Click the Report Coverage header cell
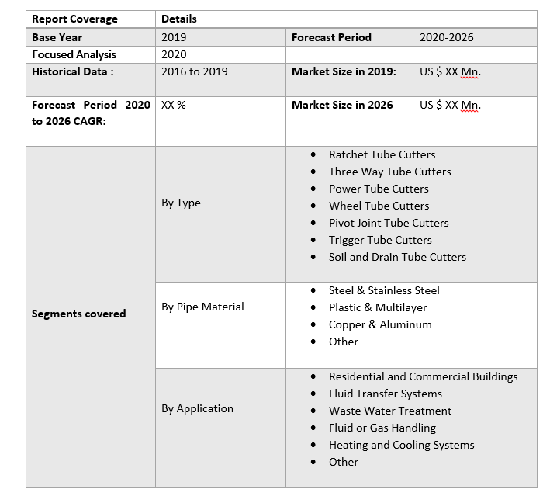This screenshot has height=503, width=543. (x=74, y=19)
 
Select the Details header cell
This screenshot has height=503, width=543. (x=179, y=19)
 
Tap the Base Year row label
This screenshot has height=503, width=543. (x=57, y=37)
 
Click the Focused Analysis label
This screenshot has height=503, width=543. (x=74, y=54)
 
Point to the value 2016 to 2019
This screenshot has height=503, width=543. (x=194, y=71)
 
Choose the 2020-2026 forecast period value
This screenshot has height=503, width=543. (x=446, y=37)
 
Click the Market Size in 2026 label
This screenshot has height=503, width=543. (x=342, y=105)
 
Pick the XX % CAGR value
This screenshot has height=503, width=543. (x=174, y=105)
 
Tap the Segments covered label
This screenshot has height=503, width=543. (x=78, y=314)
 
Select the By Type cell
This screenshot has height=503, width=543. (x=181, y=203)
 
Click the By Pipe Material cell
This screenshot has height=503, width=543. (x=202, y=307)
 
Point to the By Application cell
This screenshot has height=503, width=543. (x=197, y=408)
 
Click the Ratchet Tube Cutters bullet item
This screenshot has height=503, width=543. (x=382, y=154)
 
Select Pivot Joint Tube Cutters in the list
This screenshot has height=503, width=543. (x=389, y=223)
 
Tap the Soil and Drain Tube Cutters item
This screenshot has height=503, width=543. (x=397, y=257)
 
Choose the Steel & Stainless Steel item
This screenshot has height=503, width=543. (x=384, y=290)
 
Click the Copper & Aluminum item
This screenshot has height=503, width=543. (x=380, y=324)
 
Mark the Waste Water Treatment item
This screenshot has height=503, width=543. (x=390, y=411)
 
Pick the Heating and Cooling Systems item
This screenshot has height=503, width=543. (x=401, y=445)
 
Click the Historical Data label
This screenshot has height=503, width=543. (x=72, y=71)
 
